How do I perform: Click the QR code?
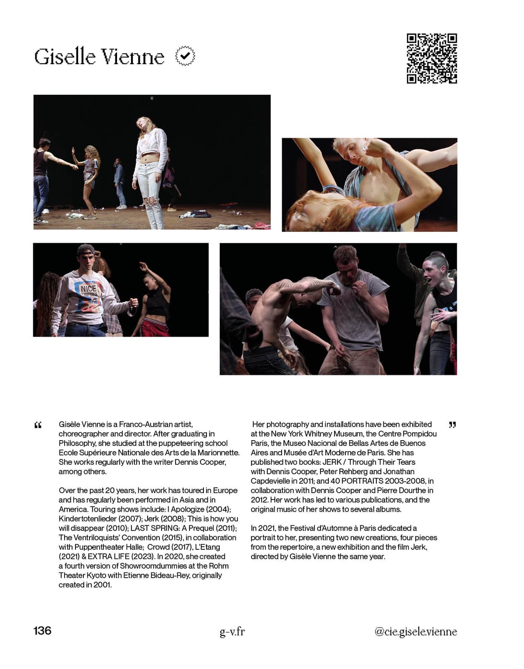click(x=432, y=58)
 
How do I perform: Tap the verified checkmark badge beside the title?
click(x=185, y=56)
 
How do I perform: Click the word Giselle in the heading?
click(x=65, y=57)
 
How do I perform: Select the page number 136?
click(x=42, y=631)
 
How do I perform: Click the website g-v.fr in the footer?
click(x=232, y=631)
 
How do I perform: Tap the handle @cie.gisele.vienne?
click(x=415, y=631)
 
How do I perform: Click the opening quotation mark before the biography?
click(x=38, y=425)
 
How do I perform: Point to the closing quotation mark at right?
click(x=452, y=424)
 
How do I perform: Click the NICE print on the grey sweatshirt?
click(x=88, y=289)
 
